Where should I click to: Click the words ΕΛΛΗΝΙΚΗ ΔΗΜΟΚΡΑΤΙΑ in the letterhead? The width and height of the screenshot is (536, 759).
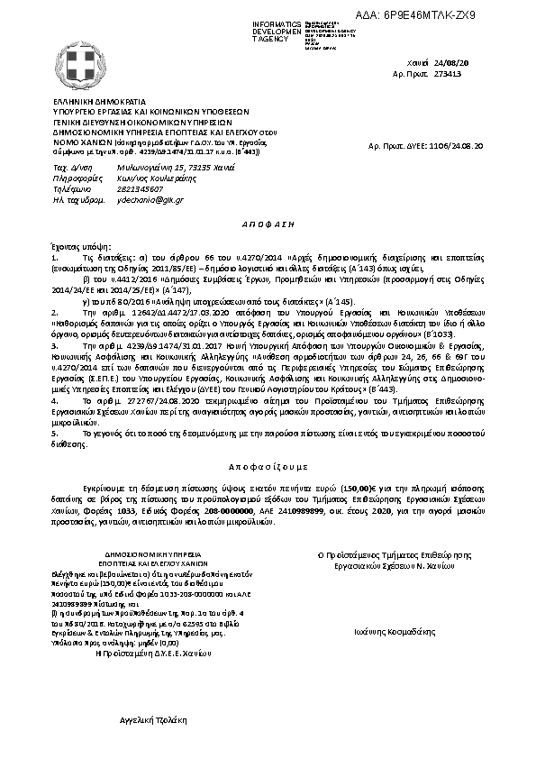point(90,103)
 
